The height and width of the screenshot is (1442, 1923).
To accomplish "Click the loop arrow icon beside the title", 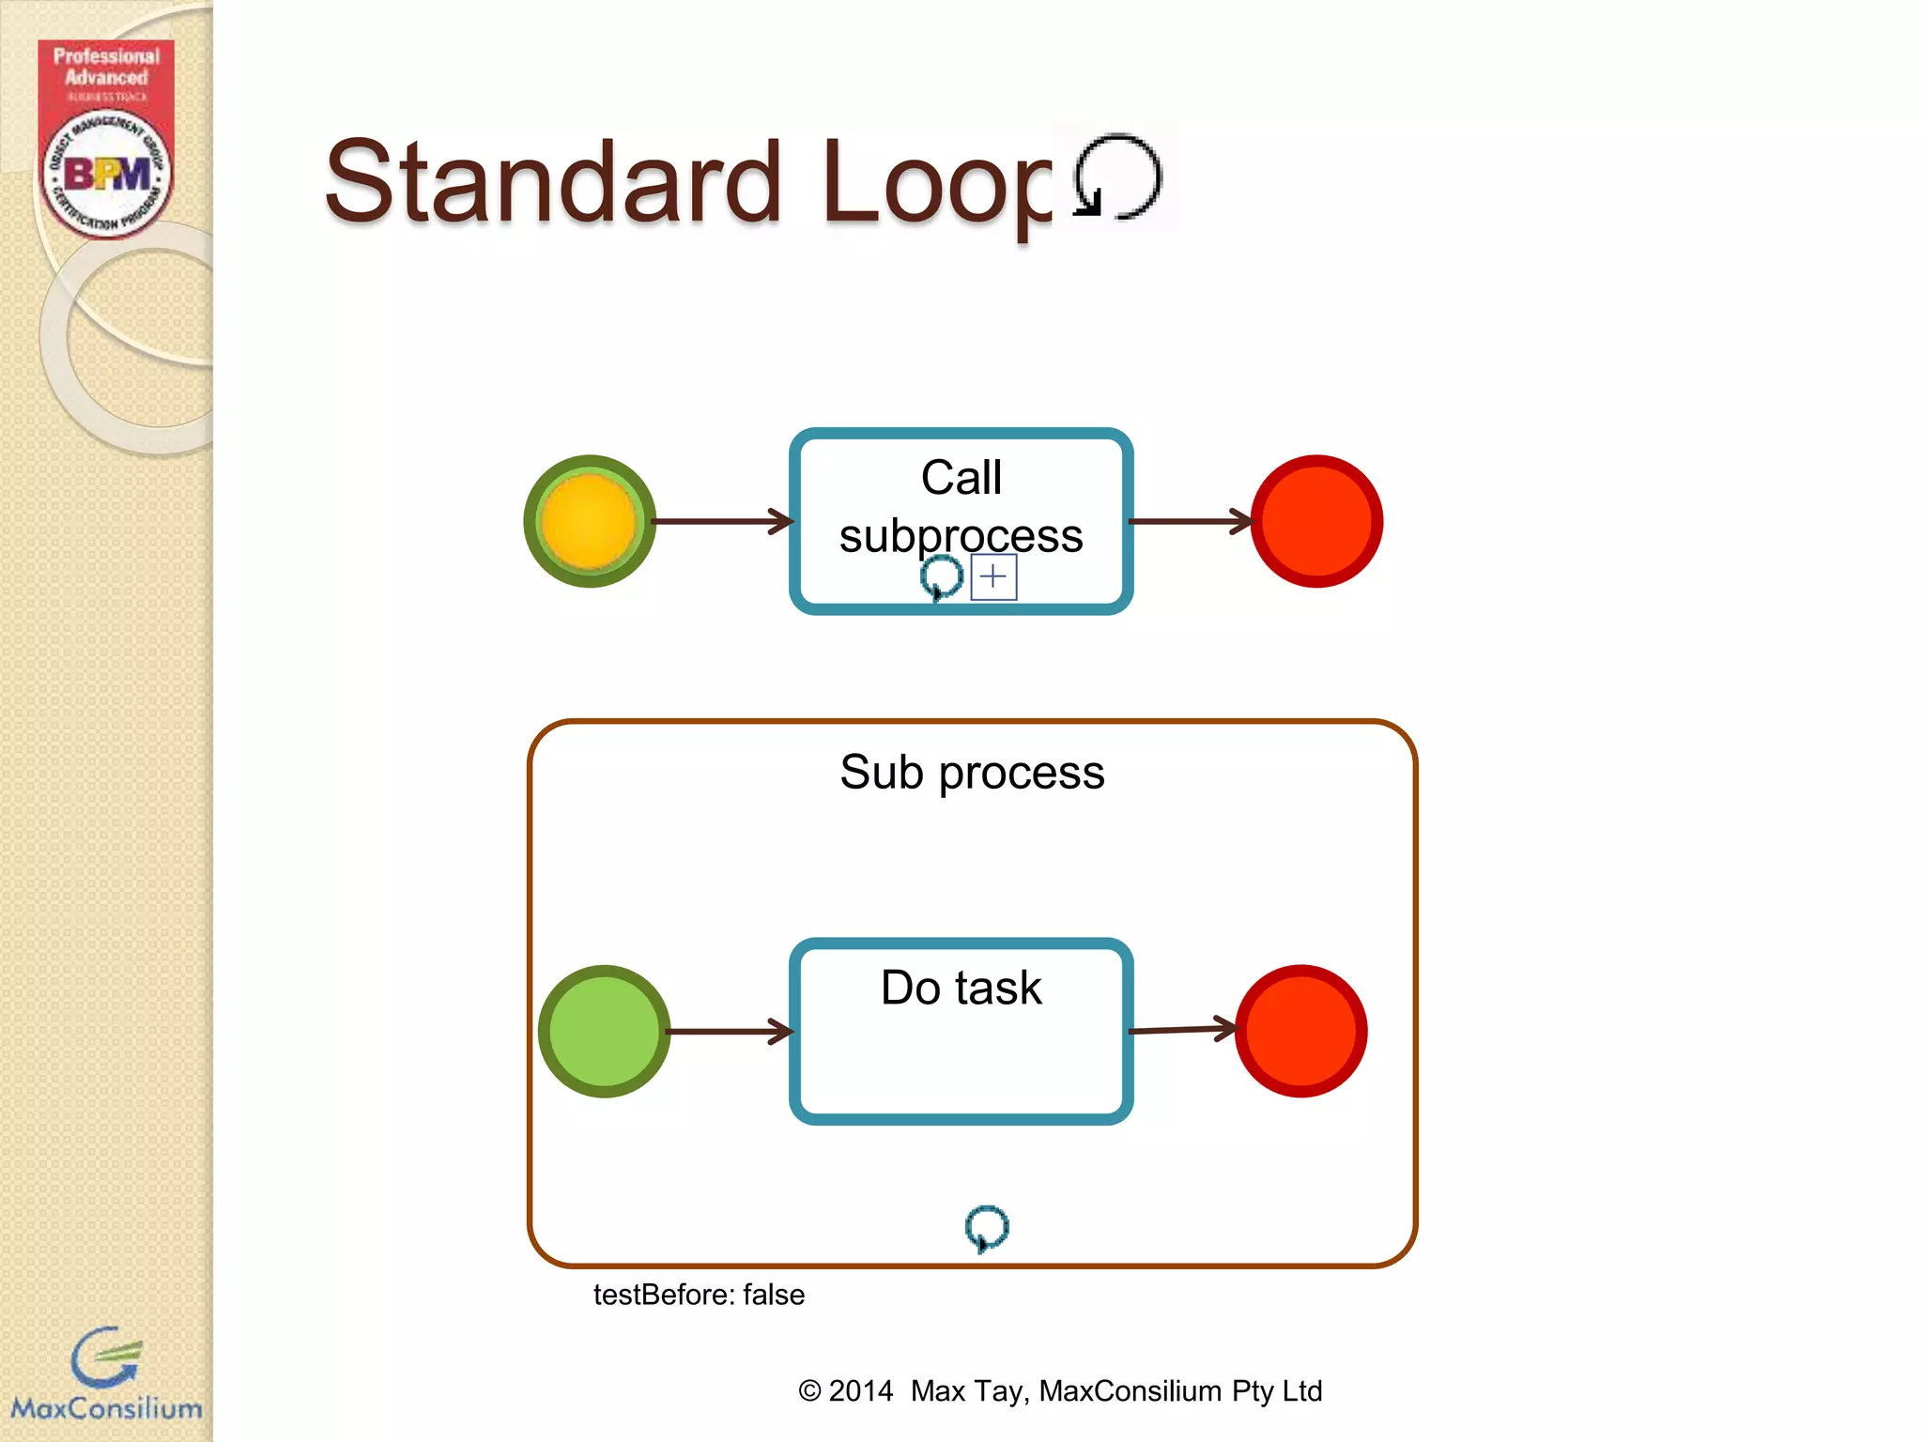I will pos(1116,177).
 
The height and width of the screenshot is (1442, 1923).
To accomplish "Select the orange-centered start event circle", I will pos(589,522).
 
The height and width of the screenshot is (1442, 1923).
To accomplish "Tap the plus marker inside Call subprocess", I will pos(993,576).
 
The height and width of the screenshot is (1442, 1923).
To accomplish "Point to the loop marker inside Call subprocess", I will pos(942,576).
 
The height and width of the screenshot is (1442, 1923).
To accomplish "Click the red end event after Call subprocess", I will pos(1316,522).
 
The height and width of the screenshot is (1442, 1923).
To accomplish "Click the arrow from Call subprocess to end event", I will pos(1189,521).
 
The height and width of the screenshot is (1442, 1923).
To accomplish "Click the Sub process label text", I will pos(972,773).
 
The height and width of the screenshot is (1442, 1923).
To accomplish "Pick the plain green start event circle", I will pos(604,1031).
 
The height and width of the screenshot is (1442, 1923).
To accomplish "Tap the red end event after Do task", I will pos(1300,1031).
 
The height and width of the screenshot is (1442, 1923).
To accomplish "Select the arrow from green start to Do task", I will pos(729,1031).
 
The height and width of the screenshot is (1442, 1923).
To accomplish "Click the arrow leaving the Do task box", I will pos(1181,1030).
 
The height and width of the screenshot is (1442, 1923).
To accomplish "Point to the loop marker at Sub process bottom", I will pos(986,1228).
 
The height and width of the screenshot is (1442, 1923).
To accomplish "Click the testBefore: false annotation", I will pos(699,1295).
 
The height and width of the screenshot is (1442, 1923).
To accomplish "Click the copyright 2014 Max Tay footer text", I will pos(1060,1390).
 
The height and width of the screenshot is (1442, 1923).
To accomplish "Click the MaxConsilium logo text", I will pos(106,1408).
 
